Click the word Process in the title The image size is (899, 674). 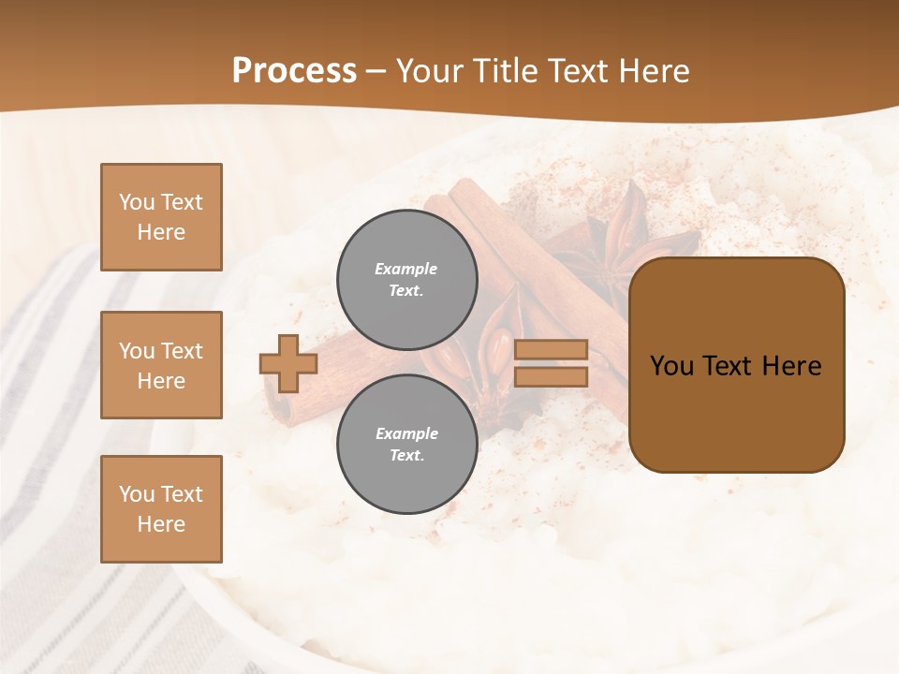coord(294,71)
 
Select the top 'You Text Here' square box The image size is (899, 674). coord(161,217)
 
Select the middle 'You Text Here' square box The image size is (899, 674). coord(161,365)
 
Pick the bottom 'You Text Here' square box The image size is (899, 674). coord(161,509)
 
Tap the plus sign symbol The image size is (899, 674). coord(288,363)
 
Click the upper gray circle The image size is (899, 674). coord(406,280)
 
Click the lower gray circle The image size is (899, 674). coord(406,445)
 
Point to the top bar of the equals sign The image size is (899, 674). coord(551,350)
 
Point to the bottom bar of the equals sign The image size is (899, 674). coord(551,376)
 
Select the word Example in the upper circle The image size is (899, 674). coord(406,269)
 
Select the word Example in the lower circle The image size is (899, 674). coord(406,433)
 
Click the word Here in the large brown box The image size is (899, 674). coord(791,366)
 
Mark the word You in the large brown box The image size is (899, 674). coord(672,366)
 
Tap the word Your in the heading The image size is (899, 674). coord(429,71)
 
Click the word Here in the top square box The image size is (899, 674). coord(161,232)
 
